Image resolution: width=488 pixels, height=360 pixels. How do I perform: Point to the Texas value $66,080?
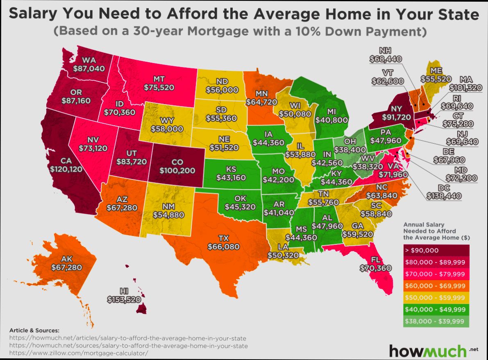(224, 247)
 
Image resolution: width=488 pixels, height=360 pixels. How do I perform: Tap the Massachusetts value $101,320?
(466, 87)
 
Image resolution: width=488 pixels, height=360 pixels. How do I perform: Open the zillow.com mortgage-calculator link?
(77, 353)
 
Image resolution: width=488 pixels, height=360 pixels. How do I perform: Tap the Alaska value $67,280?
(67, 267)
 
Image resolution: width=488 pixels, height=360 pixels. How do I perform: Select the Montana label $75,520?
(159, 87)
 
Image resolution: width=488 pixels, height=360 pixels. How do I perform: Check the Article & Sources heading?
(34, 330)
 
